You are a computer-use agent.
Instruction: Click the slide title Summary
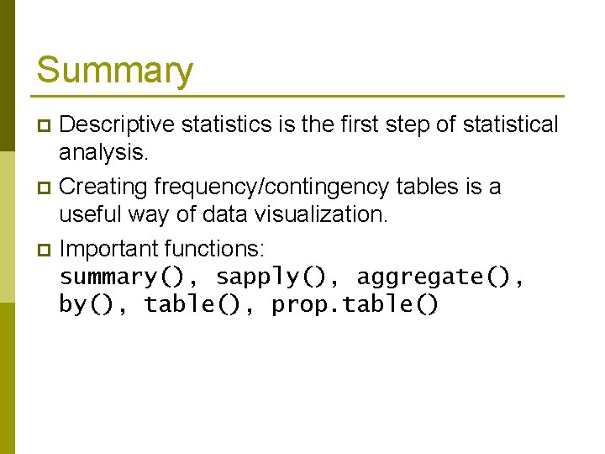(x=114, y=71)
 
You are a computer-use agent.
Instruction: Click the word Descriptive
(x=117, y=125)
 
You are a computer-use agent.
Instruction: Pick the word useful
(x=93, y=214)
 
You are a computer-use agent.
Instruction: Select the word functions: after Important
(x=215, y=249)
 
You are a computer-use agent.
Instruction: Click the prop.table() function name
(x=355, y=304)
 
